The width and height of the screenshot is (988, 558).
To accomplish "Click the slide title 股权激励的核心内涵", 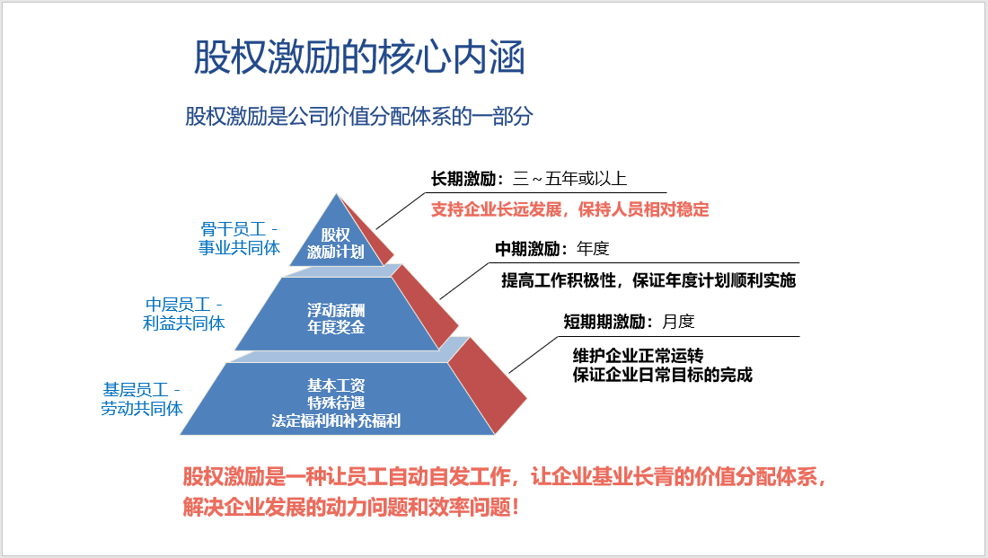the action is click(x=359, y=58).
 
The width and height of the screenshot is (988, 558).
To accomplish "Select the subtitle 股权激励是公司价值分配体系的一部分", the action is click(x=359, y=116).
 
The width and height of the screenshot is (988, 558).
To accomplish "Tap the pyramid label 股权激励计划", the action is click(x=335, y=244).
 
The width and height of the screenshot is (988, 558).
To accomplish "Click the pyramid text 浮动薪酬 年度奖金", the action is click(x=336, y=318).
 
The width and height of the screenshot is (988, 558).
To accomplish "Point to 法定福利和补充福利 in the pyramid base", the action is click(x=336, y=421).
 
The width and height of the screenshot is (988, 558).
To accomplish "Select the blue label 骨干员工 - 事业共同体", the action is click(x=239, y=238).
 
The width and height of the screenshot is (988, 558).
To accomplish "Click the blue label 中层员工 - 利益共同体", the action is click(x=184, y=314).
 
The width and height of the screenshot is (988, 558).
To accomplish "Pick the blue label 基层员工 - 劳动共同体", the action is click(x=142, y=399).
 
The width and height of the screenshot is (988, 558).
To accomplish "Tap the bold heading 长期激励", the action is click(x=463, y=179).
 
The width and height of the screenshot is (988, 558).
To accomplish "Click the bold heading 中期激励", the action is click(x=527, y=249).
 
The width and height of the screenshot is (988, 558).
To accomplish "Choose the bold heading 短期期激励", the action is click(x=604, y=322).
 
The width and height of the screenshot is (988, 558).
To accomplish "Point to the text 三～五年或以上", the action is click(x=570, y=179).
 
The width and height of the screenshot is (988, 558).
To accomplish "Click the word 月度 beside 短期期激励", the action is click(x=679, y=322).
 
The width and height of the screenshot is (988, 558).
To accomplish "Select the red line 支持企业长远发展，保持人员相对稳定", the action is click(x=570, y=209).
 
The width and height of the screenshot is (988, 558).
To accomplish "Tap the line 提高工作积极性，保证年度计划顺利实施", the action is click(x=648, y=280).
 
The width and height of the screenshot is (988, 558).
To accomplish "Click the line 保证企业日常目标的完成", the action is click(x=662, y=376).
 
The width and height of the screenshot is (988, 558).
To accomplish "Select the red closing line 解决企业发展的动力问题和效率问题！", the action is click(x=351, y=507).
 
